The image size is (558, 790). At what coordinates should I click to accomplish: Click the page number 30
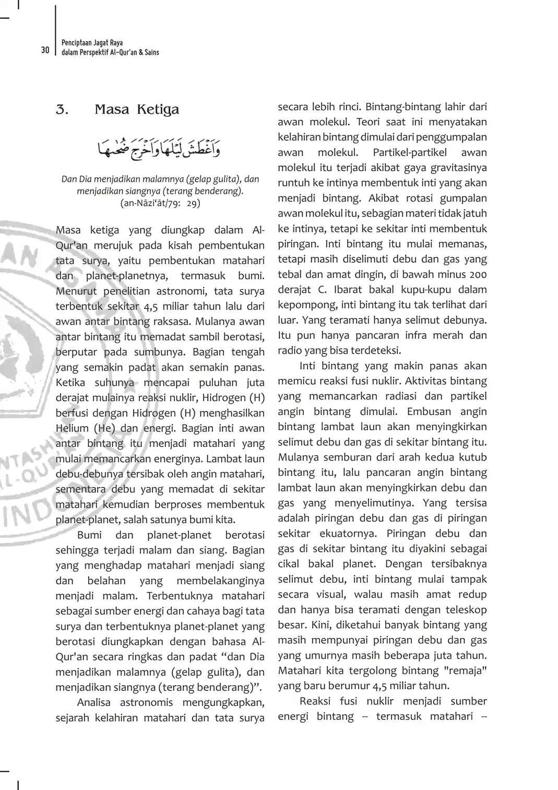click(x=45, y=50)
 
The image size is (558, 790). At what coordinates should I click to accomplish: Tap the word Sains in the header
click(x=152, y=52)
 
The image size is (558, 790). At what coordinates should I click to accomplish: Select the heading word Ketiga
click(x=158, y=110)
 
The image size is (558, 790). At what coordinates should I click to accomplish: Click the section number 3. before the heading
click(x=62, y=110)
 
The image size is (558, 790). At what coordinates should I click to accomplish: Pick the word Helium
click(x=72, y=428)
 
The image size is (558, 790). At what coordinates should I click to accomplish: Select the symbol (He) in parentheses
click(x=104, y=428)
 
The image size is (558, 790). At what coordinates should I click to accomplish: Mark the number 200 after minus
click(x=478, y=275)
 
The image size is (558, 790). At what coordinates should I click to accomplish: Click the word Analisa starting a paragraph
click(x=93, y=703)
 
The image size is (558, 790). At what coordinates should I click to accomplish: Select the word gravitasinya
click(x=458, y=168)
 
